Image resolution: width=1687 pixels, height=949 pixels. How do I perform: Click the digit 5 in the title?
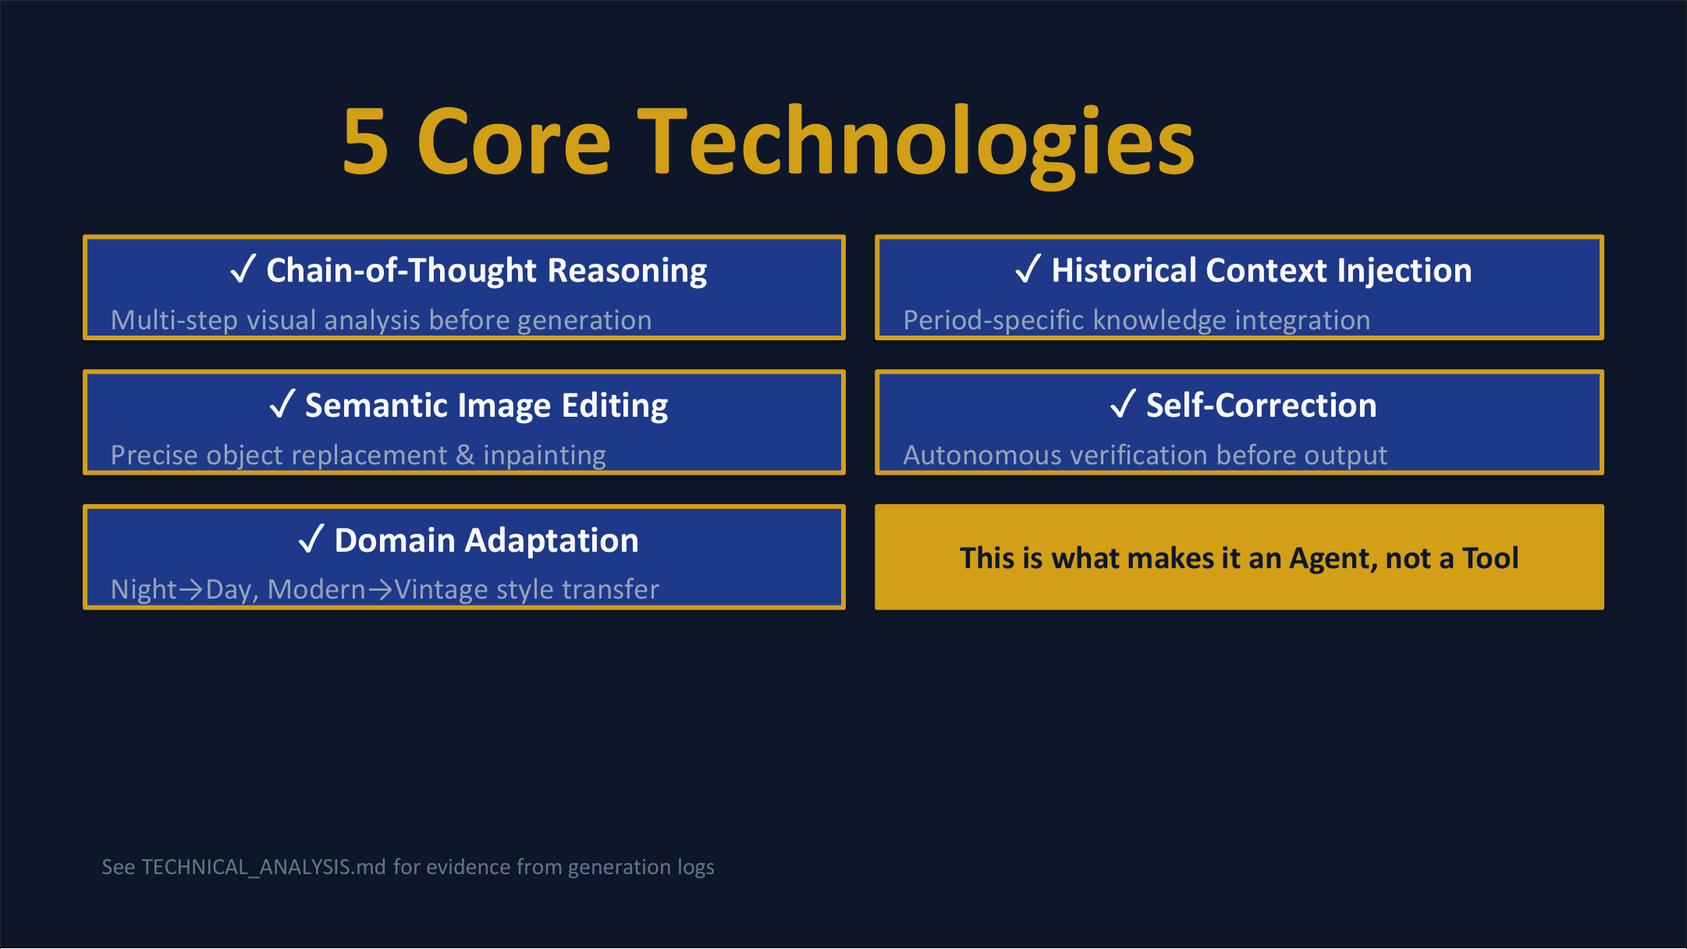[x=365, y=141]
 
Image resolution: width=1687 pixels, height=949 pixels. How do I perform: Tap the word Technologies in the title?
[x=916, y=144]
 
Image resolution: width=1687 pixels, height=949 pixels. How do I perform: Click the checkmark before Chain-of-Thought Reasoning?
[x=243, y=269]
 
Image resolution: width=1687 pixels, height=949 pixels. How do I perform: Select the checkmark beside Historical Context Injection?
[x=1028, y=269]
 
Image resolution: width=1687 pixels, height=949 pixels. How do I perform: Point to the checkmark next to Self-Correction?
[x=1123, y=404]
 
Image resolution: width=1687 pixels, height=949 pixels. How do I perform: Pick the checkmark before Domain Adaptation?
[x=311, y=539]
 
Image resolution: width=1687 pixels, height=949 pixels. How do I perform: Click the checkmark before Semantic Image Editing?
[x=282, y=404]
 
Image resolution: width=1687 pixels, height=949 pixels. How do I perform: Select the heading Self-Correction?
[x=1261, y=405]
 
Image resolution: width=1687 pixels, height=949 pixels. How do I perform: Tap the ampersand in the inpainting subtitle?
[x=465, y=455]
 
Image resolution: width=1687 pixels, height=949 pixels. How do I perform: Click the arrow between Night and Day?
[x=191, y=590]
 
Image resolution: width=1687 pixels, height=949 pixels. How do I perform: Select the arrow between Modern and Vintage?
[x=380, y=590]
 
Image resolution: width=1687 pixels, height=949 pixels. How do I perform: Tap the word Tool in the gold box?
[x=1490, y=558]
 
